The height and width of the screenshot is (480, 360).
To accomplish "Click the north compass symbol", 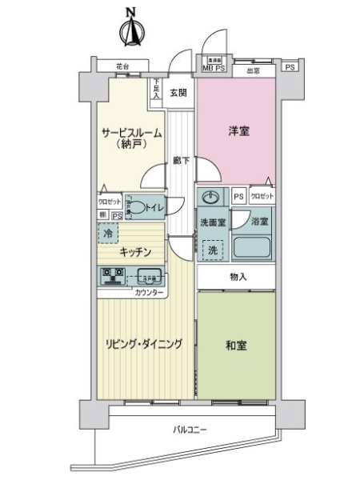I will (x=131, y=28).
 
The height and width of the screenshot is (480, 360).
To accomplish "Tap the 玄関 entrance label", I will (x=177, y=93).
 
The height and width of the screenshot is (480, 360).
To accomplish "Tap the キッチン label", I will (x=135, y=251).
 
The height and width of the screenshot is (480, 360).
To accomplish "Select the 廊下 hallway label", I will (x=181, y=161).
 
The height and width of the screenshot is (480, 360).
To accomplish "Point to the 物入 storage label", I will (x=238, y=276).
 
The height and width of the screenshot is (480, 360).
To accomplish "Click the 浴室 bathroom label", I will (x=258, y=220).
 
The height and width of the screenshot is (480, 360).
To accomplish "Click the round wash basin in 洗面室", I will (x=212, y=198).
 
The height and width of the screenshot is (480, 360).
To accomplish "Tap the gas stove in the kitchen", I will (x=110, y=276).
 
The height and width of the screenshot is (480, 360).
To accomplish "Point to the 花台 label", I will (x=121, y=66).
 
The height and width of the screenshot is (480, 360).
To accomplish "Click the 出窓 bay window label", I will (x=252, y=70).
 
